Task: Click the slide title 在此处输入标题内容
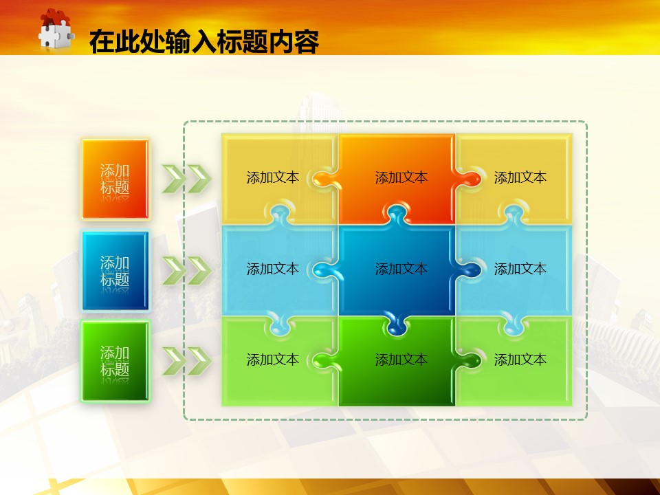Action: [x=204, y=42]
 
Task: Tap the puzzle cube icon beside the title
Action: [x=56, y=29]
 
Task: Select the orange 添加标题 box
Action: [x=115, y=179]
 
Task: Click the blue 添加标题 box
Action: [x=115, y=271]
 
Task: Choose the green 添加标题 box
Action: [x=115, y=361]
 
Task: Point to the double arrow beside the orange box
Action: [x=187, y=179]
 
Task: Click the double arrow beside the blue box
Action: [x=187, y=270]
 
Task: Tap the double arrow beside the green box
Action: [x=187, y=361]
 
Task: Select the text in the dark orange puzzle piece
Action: [x=401, y=177]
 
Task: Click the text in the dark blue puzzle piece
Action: [x=401, y=269]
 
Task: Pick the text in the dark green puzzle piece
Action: [x=401, y=360]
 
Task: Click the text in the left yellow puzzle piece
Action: [x=273, y=177]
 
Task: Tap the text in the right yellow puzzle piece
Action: [x=520, y=177]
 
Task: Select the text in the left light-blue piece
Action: [x=273, y=269]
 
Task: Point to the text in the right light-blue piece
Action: [x=520, y=269]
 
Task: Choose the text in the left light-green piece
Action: [x=273, y=360]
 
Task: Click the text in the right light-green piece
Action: [x=520, y=360]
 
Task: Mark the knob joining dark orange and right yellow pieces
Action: [x=468, y=179]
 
